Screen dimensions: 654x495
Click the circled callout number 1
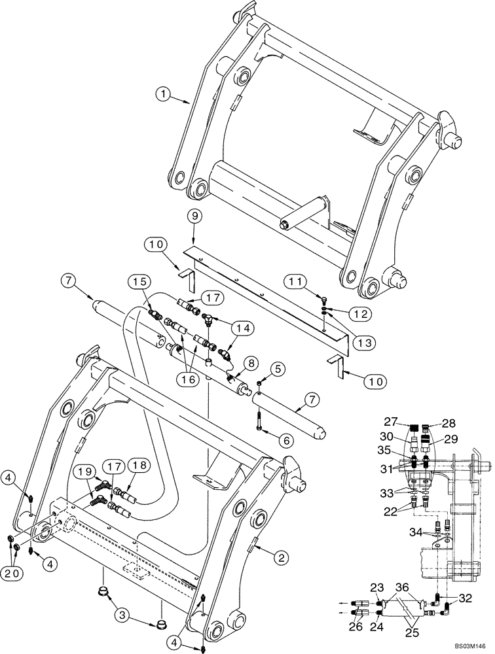coord(164,95)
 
